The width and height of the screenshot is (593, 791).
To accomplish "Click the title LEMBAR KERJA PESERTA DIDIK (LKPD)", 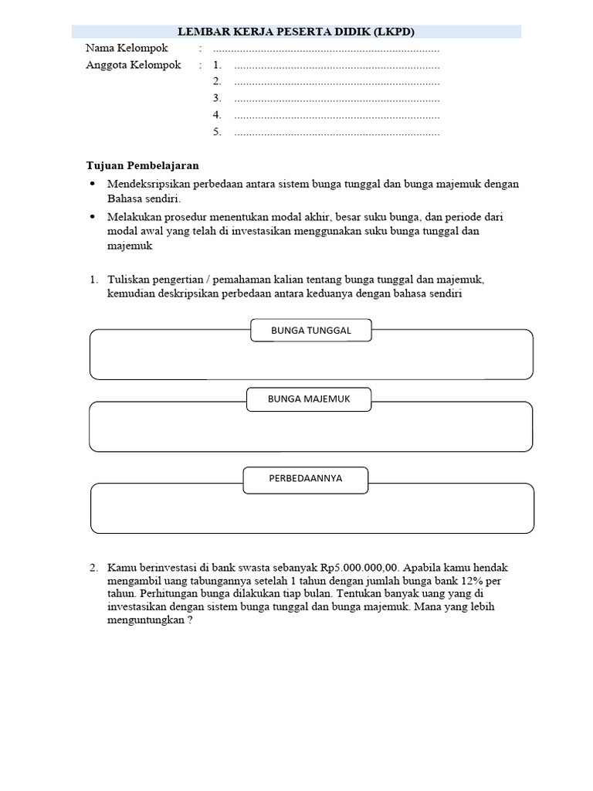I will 296,32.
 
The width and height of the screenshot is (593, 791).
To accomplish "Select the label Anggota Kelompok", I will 134,65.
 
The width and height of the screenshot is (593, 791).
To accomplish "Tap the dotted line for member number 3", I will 337,99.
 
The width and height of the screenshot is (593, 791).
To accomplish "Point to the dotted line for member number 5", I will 337,133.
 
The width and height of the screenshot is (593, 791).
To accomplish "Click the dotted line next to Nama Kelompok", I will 337,49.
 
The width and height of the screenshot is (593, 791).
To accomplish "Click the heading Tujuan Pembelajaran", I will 142,165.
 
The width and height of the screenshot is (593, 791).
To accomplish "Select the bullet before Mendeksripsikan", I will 93,184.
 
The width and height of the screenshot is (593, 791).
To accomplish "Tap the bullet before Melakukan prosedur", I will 93,217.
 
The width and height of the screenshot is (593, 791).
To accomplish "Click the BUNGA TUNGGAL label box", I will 311,331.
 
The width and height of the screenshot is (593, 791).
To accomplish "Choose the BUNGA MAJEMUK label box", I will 309,399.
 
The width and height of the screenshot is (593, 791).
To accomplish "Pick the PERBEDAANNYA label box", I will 306,479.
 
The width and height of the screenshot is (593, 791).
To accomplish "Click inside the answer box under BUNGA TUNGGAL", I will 311,360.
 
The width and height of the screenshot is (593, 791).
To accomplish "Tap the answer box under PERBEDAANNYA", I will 312,513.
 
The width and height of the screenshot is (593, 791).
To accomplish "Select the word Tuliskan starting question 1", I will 128,280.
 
